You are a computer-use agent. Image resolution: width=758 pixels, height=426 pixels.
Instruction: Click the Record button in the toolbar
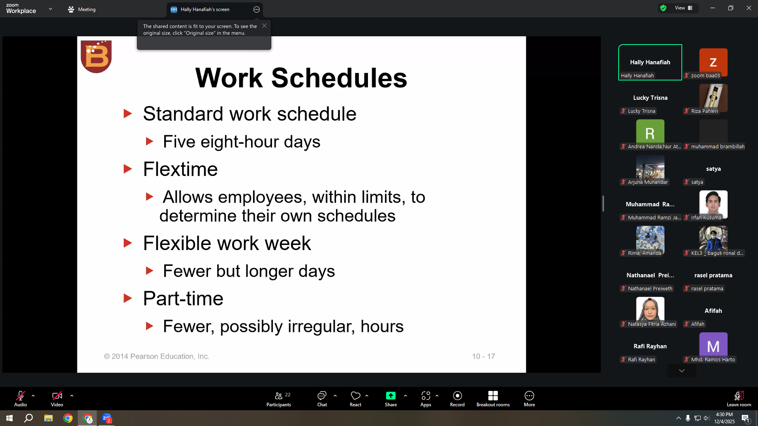point(457,398)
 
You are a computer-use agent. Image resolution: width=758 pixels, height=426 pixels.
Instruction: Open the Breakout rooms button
point(493,398)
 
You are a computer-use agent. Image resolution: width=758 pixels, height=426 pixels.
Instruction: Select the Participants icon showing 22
point(279,398)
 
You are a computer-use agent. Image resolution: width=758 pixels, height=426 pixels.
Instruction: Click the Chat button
point(322,398)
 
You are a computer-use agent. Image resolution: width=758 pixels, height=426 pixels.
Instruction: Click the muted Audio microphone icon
point(21,396)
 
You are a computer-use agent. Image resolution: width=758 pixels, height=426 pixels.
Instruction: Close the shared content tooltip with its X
point(265,26)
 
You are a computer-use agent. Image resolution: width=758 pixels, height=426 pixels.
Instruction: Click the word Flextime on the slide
point(180,169)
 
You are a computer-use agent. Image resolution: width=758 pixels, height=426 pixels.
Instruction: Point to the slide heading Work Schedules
point(301,78)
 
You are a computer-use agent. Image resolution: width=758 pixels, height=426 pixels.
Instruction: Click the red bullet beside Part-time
point(128,298)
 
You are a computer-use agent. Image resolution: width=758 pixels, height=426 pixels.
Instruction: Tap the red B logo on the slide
point(96,56)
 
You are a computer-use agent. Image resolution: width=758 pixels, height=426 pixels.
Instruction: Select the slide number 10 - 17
point(484,356)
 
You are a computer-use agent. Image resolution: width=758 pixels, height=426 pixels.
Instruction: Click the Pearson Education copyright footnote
point(157,356)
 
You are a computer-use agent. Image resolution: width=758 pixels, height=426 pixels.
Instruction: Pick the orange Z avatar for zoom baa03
point(713,62)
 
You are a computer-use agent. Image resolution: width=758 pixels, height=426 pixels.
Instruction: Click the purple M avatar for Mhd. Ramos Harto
point(713,346)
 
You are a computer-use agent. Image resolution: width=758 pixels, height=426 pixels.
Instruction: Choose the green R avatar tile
point(650,133)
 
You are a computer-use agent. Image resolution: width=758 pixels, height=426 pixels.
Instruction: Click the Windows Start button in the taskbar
point(9,418)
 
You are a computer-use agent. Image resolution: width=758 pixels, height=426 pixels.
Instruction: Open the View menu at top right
point(683,8)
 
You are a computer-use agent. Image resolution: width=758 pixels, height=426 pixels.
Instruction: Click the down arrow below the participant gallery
point(682,371)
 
